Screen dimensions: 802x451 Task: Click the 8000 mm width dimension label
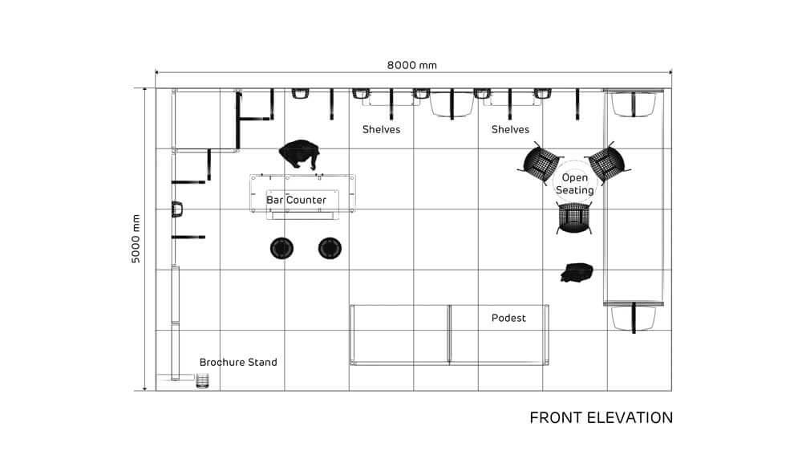click(411, 65)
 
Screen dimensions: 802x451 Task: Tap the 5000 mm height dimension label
click(136, 239)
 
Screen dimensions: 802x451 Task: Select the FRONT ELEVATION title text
click(601, 418)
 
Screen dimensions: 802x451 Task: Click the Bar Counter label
click(296, 200)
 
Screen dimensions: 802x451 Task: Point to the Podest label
click(508, 318)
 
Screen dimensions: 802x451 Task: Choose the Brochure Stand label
click(238, 363)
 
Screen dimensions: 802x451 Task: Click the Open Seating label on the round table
click(575, 184)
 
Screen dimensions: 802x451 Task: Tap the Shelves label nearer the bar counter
click(381, 129)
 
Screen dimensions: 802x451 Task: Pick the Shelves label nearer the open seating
click(510, 129)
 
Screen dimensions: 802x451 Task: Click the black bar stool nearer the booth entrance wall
click(282, 248)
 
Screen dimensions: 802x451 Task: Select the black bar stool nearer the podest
click(330, 248)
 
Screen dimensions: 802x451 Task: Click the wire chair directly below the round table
click(574, 217)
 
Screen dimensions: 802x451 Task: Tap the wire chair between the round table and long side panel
click(607, 163)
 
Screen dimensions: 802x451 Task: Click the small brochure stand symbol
click(203, 381)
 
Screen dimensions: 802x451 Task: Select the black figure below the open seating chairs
click(577, 272)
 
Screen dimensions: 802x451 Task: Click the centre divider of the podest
click(449, 335)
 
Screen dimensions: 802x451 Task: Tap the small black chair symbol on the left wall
click(177, 209)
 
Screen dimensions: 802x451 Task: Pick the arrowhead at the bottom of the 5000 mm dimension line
click(144, 388)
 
